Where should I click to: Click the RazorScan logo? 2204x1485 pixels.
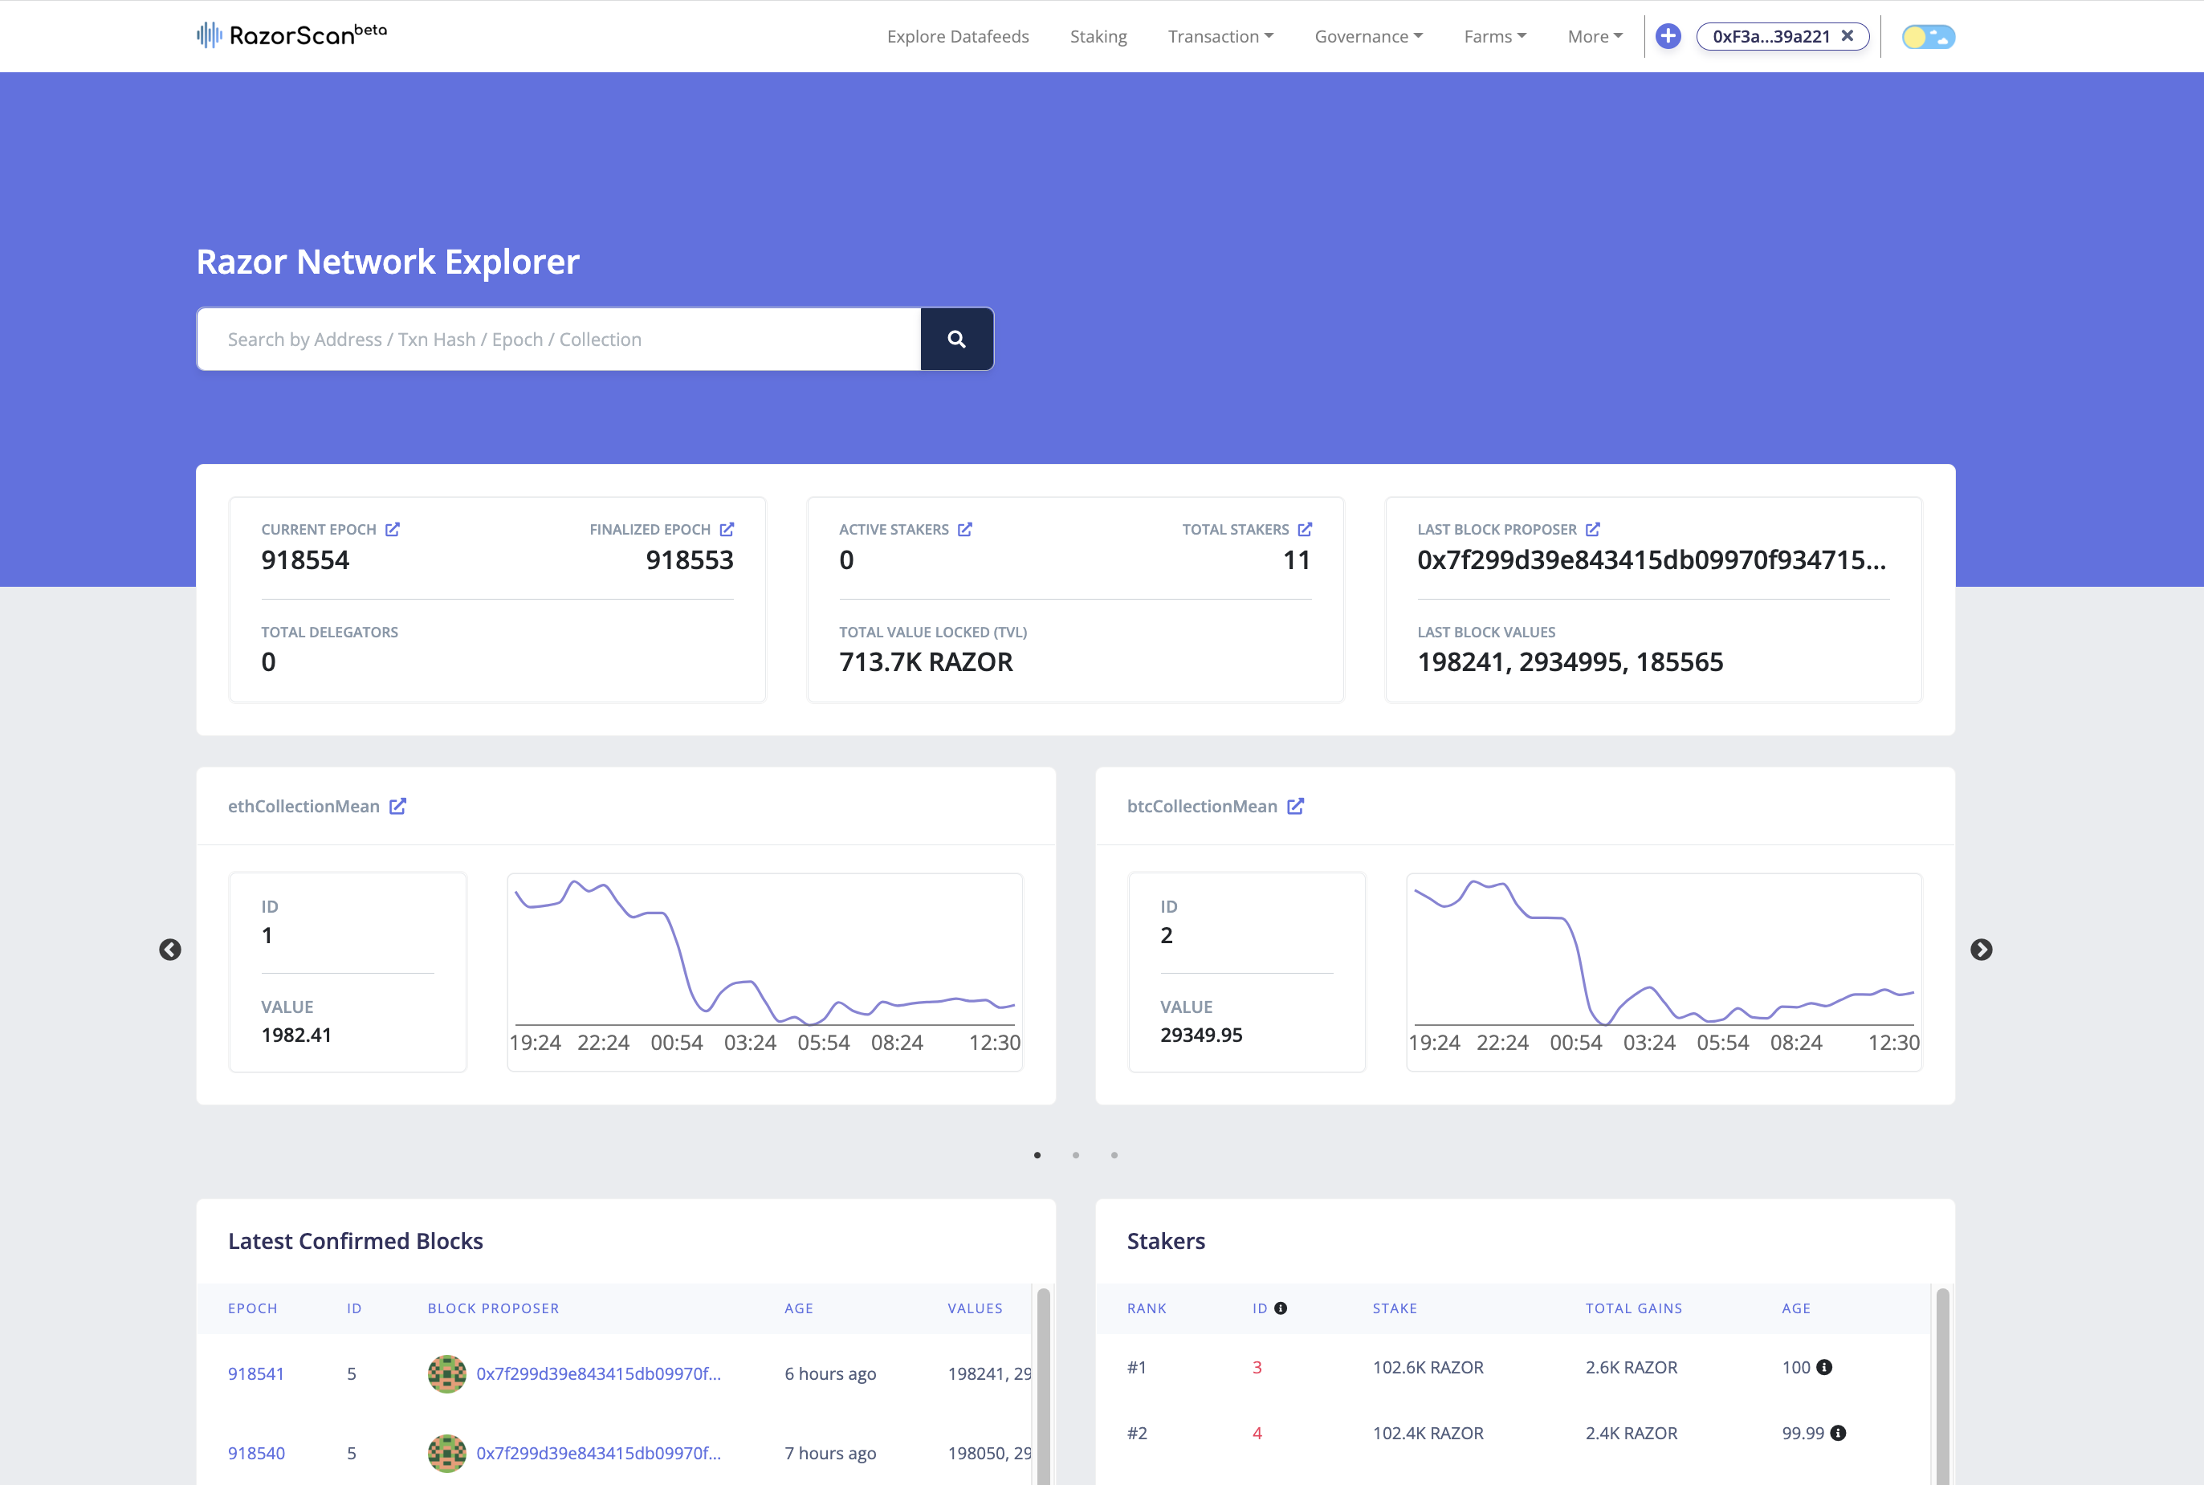coord(291,35)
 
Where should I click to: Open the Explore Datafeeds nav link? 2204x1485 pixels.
coord(958,36)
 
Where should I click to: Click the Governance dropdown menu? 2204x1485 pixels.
coord(1367,36)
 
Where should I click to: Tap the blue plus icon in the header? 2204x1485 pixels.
coord(1668,36)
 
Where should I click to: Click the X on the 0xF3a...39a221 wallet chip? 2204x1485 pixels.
coord(1847,36)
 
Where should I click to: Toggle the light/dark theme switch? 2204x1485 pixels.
coord(1929,37)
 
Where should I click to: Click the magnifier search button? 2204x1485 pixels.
coord(956,339)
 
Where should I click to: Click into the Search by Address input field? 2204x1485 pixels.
coord(559,339)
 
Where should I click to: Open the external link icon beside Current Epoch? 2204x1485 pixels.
coord(392,530)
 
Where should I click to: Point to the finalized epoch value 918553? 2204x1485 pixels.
coord(690,559)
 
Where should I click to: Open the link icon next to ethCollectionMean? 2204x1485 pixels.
coord(397,806)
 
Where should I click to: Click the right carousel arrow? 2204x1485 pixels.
coord(1981,950)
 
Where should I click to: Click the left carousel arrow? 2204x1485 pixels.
coord(170,950)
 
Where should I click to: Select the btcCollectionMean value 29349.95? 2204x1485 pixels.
coord(1201,1035)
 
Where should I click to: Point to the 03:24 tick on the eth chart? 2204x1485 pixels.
coord(750,1043)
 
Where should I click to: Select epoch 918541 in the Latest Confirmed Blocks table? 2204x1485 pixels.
coord(256,1373)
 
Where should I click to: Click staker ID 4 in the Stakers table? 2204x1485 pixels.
coord(1257,1433)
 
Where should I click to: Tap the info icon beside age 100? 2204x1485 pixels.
coord(1824,1367)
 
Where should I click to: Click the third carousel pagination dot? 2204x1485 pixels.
coord(1114,1154)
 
